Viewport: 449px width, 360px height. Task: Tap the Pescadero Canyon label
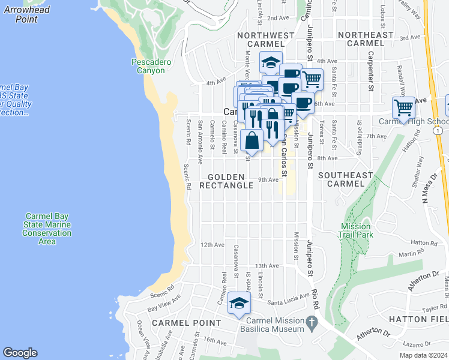148,66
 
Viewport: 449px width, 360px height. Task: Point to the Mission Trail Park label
357,230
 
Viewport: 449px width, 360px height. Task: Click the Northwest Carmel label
265,40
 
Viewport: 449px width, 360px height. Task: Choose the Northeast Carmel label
365,40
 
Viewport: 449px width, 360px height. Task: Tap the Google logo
20,353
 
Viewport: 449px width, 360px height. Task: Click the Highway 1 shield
440,130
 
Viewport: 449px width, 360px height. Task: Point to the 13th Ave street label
267,266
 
